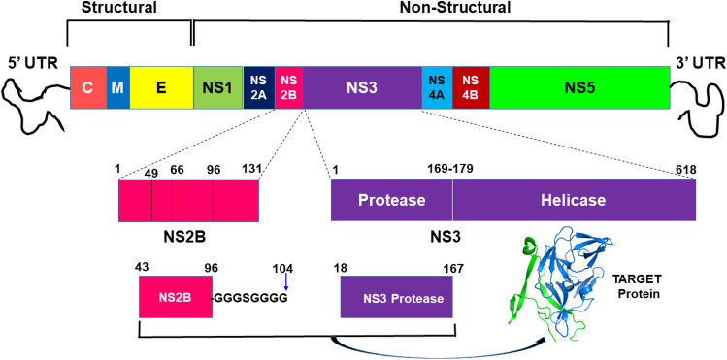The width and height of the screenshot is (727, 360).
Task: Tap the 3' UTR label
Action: click(699, 70)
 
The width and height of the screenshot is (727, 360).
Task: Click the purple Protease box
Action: click(391, 200)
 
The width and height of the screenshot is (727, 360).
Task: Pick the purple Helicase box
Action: click(574, 200)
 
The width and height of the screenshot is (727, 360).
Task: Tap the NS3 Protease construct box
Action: click(397, 298)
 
